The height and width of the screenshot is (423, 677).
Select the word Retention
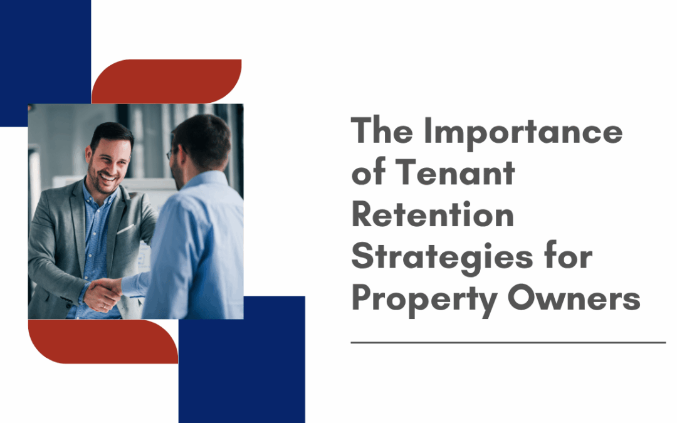(x=433, y=214)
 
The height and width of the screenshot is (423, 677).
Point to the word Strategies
(x=442, y=258)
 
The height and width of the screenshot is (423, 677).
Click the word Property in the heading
(x=424, y=300)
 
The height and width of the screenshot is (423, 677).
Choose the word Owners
(x=574, y=298)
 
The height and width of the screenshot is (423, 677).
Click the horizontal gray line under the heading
(x=508, y=343)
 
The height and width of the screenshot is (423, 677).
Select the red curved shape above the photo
(x=167, y=81)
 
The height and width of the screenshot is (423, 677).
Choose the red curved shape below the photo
(x=103, y=342)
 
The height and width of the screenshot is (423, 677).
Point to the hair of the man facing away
(x=204, y=136)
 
